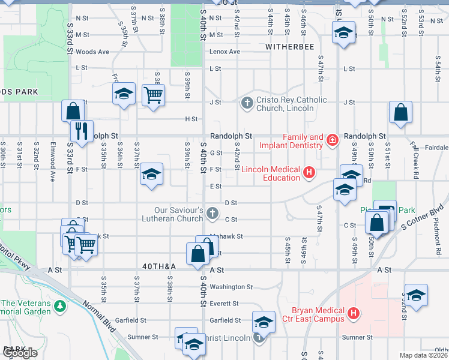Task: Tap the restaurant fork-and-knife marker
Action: tap(80, 130)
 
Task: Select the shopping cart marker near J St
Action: tap(153, 94)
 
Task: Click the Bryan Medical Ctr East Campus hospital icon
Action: tap(354, 313)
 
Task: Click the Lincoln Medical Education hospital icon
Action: tap(309, 173)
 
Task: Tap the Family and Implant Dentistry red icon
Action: tap(333, 141)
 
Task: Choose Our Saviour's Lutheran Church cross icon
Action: tap(212, 213)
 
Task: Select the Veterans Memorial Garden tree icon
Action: tap(59, 307)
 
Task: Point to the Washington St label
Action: tap(231, 287)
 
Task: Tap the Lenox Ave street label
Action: tap(224, 52)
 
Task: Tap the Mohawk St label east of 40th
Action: tap(227, 236)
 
